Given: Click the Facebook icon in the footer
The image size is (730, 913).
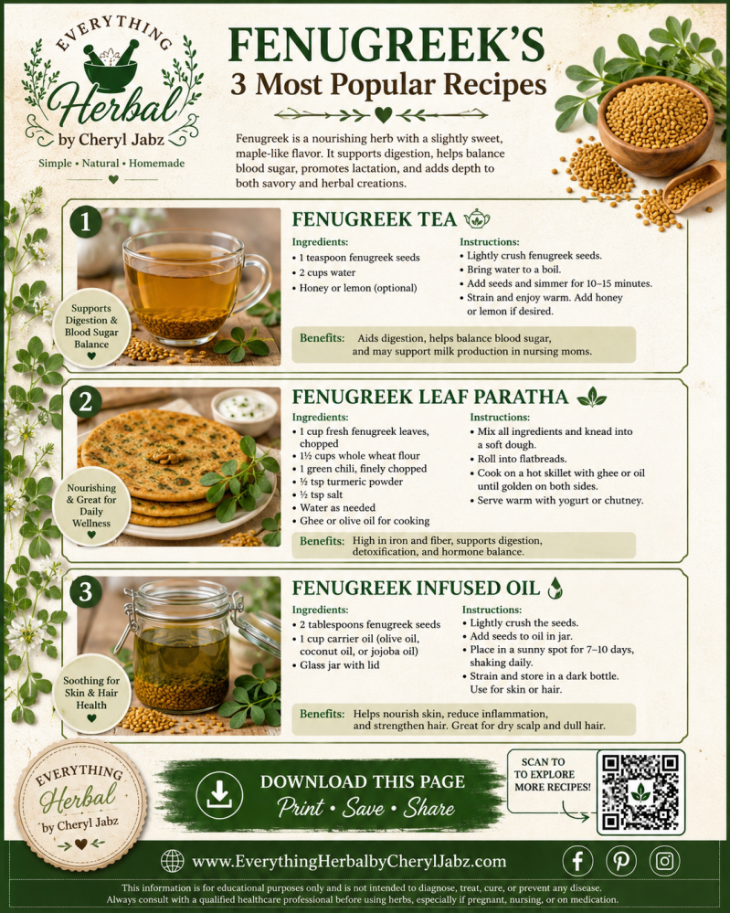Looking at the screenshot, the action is point(577,861).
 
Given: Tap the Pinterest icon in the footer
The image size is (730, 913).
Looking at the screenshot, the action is point(621,861).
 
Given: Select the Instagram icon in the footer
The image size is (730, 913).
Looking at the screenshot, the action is point(665,861).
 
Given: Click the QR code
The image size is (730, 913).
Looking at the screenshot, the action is point(640,791).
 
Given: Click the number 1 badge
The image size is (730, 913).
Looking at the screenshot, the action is point(86,222).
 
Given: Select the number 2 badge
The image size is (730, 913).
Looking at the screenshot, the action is point(86,402).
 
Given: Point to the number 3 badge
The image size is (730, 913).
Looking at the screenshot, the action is point(86,591).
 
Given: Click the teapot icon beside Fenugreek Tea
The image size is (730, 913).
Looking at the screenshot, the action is point(477,219).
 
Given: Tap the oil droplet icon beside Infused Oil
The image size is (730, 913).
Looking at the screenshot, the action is point(555,588).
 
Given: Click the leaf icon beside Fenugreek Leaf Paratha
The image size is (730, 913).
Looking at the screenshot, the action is point(591,398).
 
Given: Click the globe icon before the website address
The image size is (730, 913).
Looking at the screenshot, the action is point(173,861).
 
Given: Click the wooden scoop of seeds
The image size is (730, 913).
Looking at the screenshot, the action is point(693,186).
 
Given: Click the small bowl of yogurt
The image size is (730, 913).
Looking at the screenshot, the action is point(245,410).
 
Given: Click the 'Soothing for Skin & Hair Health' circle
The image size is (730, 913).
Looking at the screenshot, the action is point(91,693).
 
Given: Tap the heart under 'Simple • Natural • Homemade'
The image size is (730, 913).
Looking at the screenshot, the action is point(113,179).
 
